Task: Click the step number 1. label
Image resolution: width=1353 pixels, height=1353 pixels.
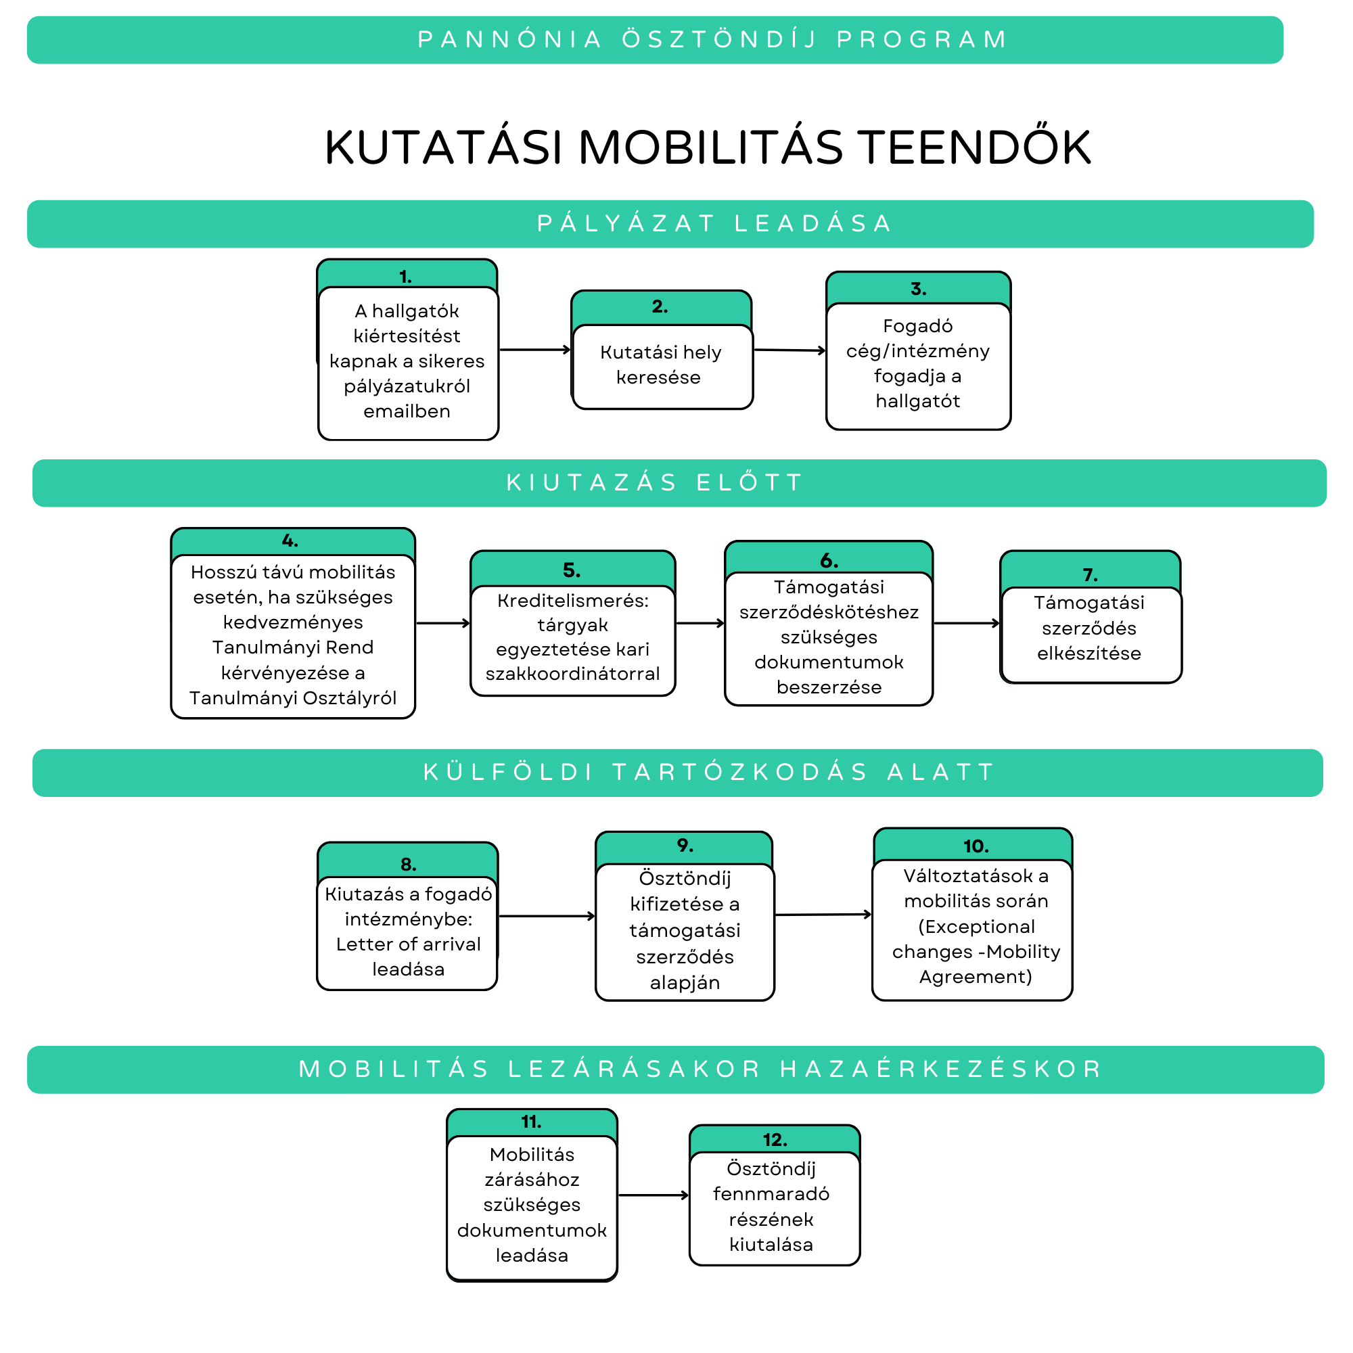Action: [x=405, y=277]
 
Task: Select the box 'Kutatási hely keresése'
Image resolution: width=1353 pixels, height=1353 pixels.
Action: [x=662, y=365]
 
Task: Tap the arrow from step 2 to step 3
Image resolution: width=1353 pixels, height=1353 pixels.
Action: [x=789, y=350]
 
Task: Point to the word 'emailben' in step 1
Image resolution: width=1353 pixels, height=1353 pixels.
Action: [x=407, y=412]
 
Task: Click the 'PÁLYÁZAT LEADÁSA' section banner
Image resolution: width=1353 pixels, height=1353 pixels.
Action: [x=714, y=224]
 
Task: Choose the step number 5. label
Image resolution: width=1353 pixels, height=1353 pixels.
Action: [x=572, y=571]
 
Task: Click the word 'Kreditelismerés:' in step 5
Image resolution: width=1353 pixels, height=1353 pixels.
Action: [x=573, y=601]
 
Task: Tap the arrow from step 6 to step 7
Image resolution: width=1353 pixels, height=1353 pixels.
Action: [x=967, y=623]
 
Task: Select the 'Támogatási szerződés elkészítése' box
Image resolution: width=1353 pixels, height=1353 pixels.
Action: [x=1090, y=629]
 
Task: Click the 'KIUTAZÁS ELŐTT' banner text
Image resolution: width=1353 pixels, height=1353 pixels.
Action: [x=654, y=483]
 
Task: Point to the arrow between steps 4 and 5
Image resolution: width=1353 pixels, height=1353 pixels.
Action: [x=442, y=623]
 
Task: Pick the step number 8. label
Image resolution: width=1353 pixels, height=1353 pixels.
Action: [x=409, y=865]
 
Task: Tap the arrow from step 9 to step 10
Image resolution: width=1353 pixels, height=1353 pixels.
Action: [x=823, y=915]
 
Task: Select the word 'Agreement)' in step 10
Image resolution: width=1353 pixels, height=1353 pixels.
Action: [x=976, y=977]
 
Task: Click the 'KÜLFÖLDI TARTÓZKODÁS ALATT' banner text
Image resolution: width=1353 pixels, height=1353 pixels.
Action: [x=709, y=773]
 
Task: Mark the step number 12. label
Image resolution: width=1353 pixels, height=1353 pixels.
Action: [x=775, y=1140]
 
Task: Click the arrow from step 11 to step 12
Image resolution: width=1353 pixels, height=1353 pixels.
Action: [x=653, y=1195]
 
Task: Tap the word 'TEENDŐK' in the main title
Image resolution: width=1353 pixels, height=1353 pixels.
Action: [x=976, y=147]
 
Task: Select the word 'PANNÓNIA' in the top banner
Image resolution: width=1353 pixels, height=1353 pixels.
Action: [x=510, y=40]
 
